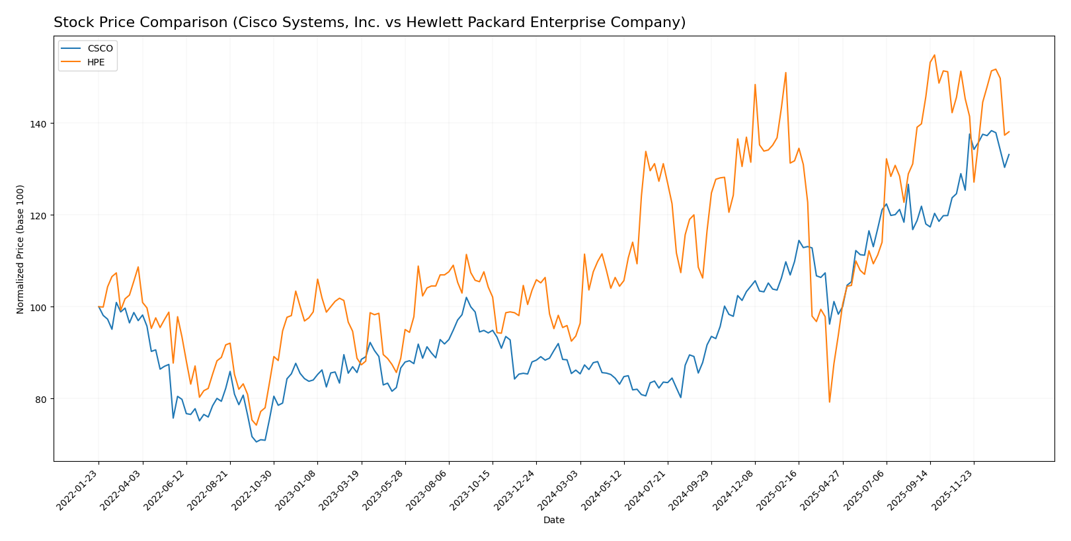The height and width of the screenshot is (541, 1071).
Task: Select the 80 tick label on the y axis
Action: coord(42,399)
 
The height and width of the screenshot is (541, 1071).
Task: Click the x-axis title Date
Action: coord(553,521)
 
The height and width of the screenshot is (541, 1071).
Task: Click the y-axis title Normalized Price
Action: coord(20,249)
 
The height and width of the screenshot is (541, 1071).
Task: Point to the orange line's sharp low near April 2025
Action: coord(829,402)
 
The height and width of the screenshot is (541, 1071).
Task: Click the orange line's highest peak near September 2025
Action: coord(934,55)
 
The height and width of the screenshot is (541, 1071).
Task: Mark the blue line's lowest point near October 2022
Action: coord(257,441)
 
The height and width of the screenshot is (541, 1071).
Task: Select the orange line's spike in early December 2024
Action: coord(755,85)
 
